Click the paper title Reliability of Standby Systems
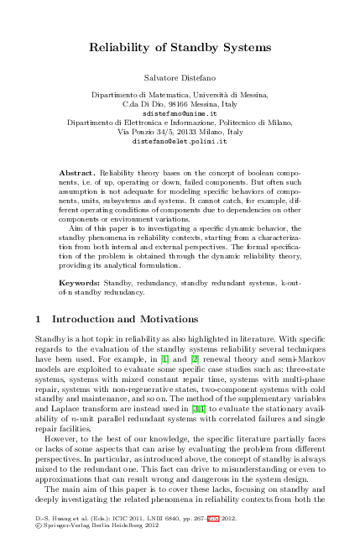tap(180, 49)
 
